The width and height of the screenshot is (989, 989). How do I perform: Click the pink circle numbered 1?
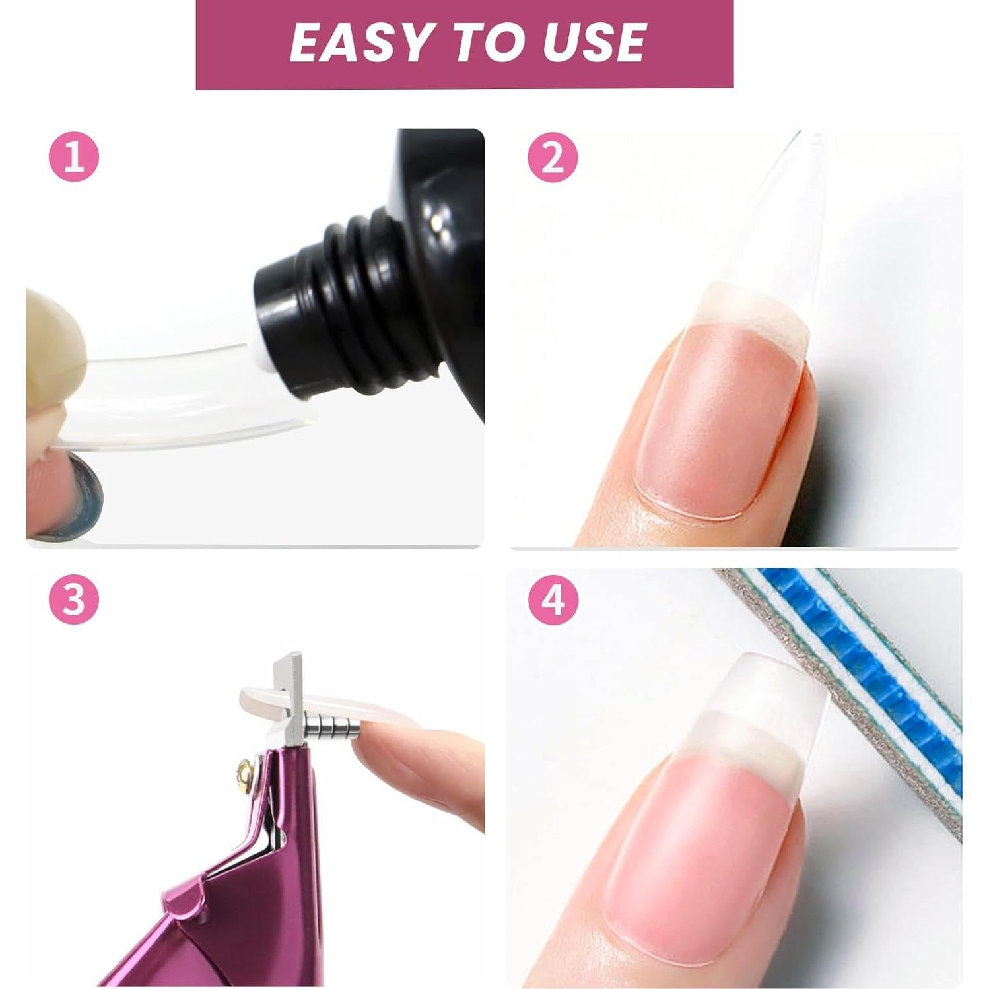coord(74,158)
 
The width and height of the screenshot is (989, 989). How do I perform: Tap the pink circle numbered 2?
coord(553,158)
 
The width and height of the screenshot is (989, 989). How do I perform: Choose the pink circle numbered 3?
coord(74,601)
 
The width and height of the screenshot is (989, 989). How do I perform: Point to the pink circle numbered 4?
coord(553,601)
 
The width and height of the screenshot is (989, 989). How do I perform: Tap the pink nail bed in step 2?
coord(713,416)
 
